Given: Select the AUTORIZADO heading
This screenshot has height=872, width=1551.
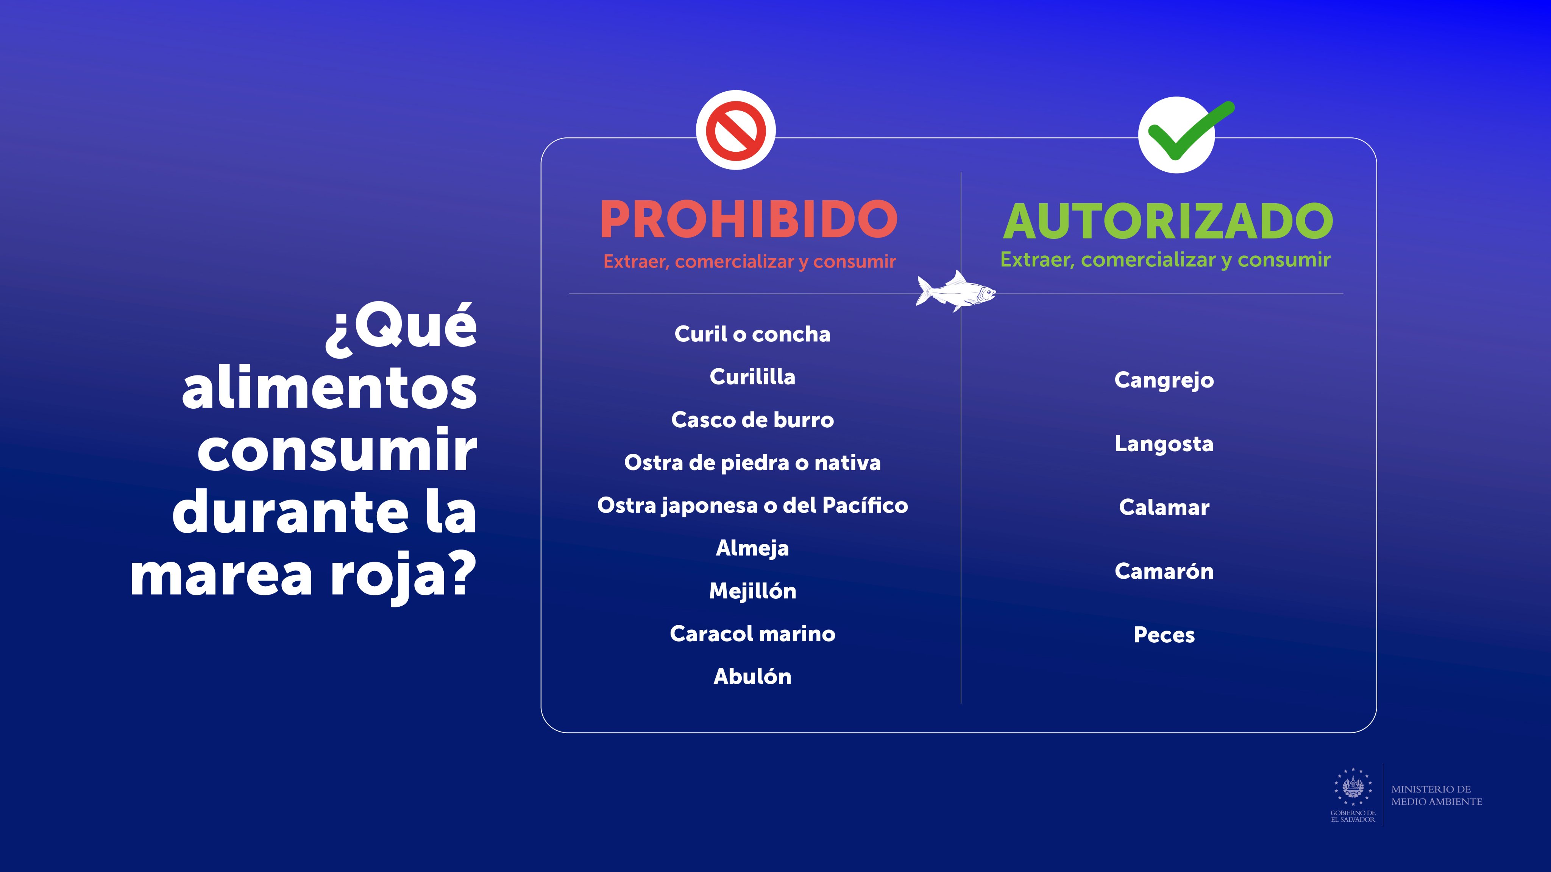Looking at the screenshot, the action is click(x=1168, y=221).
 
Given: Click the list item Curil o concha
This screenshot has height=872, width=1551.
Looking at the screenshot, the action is click(x=752, y=334).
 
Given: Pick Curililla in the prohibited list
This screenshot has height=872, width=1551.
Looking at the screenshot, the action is click(x=752, y=377).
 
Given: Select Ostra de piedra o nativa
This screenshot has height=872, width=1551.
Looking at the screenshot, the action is click(x=752, y=463).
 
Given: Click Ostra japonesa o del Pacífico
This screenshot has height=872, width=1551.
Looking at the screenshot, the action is click(x=752, y=506).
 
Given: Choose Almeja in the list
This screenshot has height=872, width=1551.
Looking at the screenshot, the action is click(x=752, y=548).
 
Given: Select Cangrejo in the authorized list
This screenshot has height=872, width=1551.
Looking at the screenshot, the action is click(x=1164, y=380).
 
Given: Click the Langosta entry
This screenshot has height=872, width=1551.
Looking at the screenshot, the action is click(x=1164, y=444).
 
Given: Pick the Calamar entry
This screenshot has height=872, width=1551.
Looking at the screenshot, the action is click(x=1164, y=507).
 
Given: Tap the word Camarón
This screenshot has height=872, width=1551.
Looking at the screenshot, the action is click(x=1164, y=571).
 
